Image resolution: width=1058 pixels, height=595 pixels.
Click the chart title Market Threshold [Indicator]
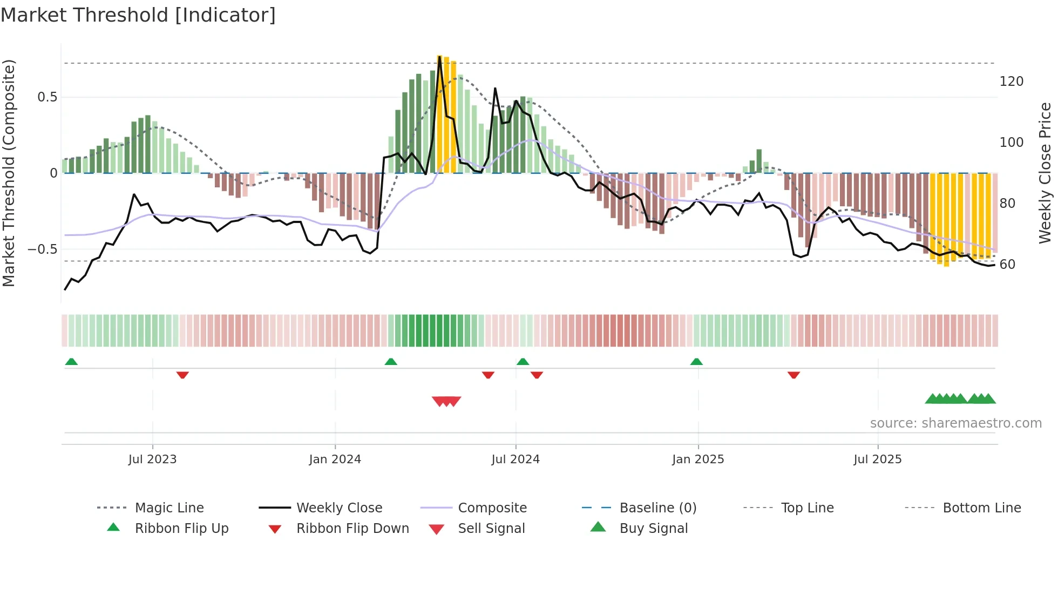point(138,15)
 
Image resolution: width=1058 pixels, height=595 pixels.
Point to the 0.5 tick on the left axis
point(47,97)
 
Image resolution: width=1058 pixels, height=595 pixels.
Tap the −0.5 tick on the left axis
point(43,249)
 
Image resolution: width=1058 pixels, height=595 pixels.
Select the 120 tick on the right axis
point(1011,82)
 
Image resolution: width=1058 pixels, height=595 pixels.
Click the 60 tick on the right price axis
point(1007,265)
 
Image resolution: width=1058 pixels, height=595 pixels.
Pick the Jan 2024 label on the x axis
point(335,459)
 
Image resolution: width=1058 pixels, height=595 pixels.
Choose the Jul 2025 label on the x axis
point(877,459)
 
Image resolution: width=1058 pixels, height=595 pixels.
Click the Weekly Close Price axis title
point(1045,173)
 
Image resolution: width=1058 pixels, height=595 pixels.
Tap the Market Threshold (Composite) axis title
point(9,173)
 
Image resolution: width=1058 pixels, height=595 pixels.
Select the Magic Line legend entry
point(169,508)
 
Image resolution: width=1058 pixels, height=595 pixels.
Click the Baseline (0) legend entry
point(657,508)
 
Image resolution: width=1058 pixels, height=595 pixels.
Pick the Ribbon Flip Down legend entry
point(352,529)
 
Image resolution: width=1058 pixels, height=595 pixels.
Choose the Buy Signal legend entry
point(653,529)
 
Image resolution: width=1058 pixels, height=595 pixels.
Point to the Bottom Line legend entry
point(981,508)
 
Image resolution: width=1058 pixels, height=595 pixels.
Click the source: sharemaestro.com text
point(955,423)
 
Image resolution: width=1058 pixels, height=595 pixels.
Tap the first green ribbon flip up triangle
point(71,362)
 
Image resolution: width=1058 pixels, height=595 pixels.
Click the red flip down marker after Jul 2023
point(182,375)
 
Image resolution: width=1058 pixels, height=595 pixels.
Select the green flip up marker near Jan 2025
point(696,362)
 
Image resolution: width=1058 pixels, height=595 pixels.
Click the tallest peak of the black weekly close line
point(439,57)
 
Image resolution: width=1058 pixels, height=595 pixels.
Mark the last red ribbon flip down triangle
point(793,375)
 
